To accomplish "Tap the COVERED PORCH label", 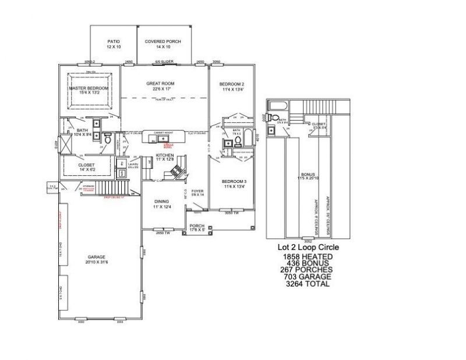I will tap(164, 41).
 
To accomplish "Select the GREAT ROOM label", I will tap(160, 83).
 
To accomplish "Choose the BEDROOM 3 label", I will tap(234, 182).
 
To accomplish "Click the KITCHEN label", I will tap(165, 156).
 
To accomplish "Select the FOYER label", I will tap(197, 190).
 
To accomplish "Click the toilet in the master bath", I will tap(107, 139).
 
